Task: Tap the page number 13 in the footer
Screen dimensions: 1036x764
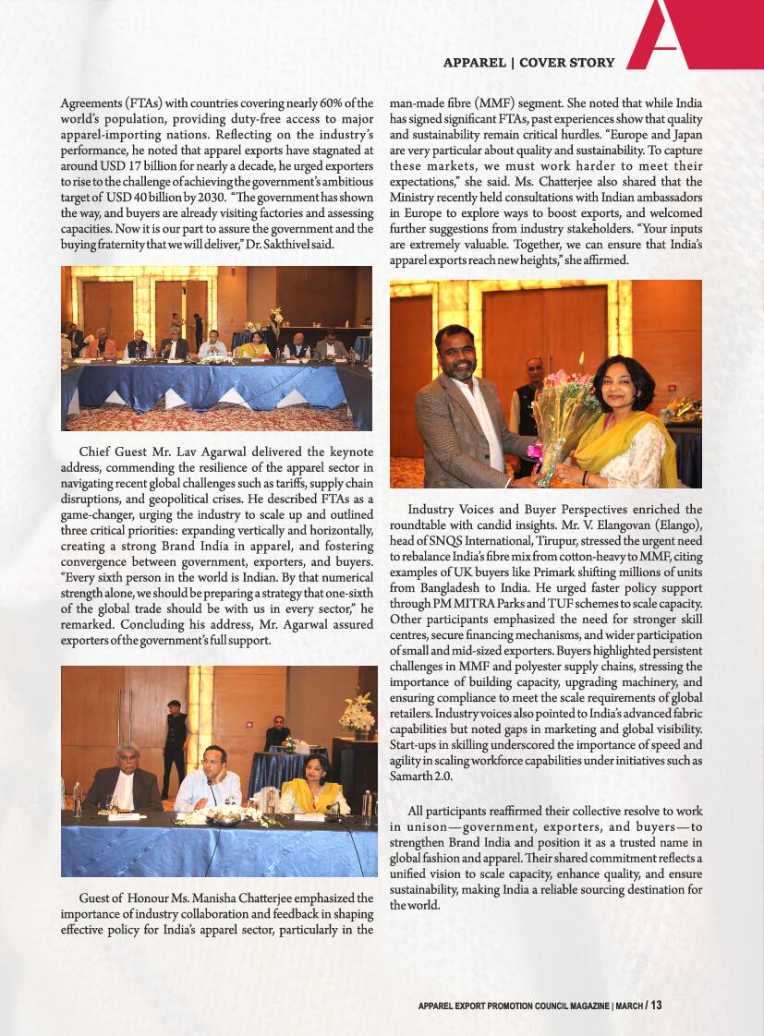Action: [x=656, y=1005]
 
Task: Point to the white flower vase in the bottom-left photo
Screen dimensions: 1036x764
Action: [x=357, y=715]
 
